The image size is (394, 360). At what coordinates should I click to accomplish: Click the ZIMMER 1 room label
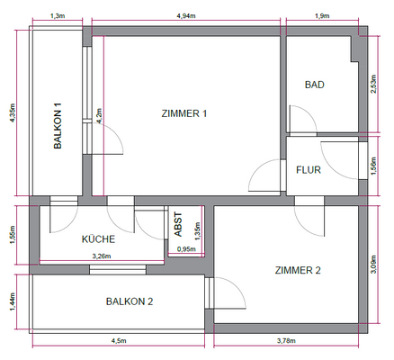click(x=184, y=113)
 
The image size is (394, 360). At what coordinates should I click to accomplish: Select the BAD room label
click(x=314, y=85)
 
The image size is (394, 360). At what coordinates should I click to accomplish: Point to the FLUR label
click(x=309, y=168)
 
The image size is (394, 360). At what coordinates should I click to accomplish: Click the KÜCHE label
click(x=97, y=240)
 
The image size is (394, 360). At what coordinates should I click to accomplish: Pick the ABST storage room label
click(x=178, y=225)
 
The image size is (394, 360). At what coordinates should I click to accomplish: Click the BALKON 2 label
click(x=130, y=301)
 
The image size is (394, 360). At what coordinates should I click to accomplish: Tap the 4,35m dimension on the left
click(x=12, y=113)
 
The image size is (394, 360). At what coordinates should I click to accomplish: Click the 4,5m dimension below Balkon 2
click(x=119, y=341)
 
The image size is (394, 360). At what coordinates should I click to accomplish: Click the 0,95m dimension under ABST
click(x=186, y=249)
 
